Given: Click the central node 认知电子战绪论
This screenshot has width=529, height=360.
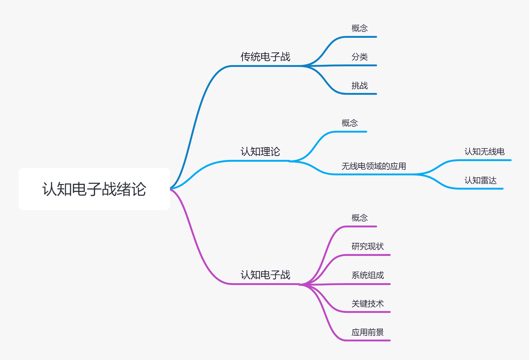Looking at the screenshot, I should tap(94, 189).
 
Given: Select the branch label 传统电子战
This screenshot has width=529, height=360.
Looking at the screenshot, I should tap(265, 57).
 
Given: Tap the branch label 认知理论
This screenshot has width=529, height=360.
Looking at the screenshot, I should tap(260, 152).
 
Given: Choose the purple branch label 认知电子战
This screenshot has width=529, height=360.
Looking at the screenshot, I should tap(265, 275).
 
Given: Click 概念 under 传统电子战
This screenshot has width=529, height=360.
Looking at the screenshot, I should tap(359, 29).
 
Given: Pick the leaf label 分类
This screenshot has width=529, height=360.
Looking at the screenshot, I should tap(359, 57).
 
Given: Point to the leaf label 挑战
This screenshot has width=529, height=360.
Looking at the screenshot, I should tap(359, 86).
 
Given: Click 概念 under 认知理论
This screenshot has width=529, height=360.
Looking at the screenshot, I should tap(349, 123).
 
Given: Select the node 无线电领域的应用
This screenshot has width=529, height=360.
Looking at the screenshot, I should tap(374, 166).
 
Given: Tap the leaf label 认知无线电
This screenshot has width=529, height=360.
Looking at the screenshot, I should tap(484, 152).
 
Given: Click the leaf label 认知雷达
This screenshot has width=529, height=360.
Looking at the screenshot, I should tap(480, 180).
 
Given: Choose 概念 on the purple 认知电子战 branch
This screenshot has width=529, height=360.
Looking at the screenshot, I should tap(359, 218).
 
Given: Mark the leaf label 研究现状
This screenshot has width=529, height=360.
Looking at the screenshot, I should tap(367, 247).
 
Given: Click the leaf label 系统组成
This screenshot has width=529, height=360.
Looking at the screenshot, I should tap(367, 275).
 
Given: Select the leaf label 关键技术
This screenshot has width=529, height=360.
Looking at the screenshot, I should tap(367, 304).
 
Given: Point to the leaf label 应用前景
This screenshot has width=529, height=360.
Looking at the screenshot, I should tap(367, 332).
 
